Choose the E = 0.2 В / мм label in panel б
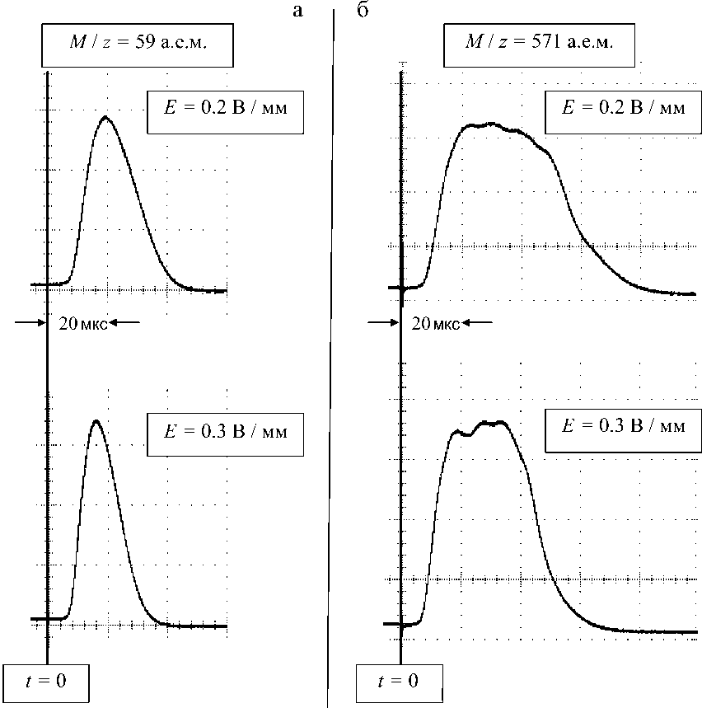pyautogui.click(x=623, y=109)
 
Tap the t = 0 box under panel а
pyautogui.click(x=47, y=682)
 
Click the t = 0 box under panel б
pyautogui.click(x=399, y=682)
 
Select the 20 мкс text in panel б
pyautogui.click(x=432, y=323)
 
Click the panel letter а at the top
pyautogui.click(x=298, y=11)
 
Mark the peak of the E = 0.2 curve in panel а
pyautogui.click(x=105, y=117)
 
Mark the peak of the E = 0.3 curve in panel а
pyautogui.click(x=96, y=421)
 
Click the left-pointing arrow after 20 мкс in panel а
pyautogui.click(x=125, y=323)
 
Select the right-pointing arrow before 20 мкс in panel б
pyautogui.click(x=382, y=323)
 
